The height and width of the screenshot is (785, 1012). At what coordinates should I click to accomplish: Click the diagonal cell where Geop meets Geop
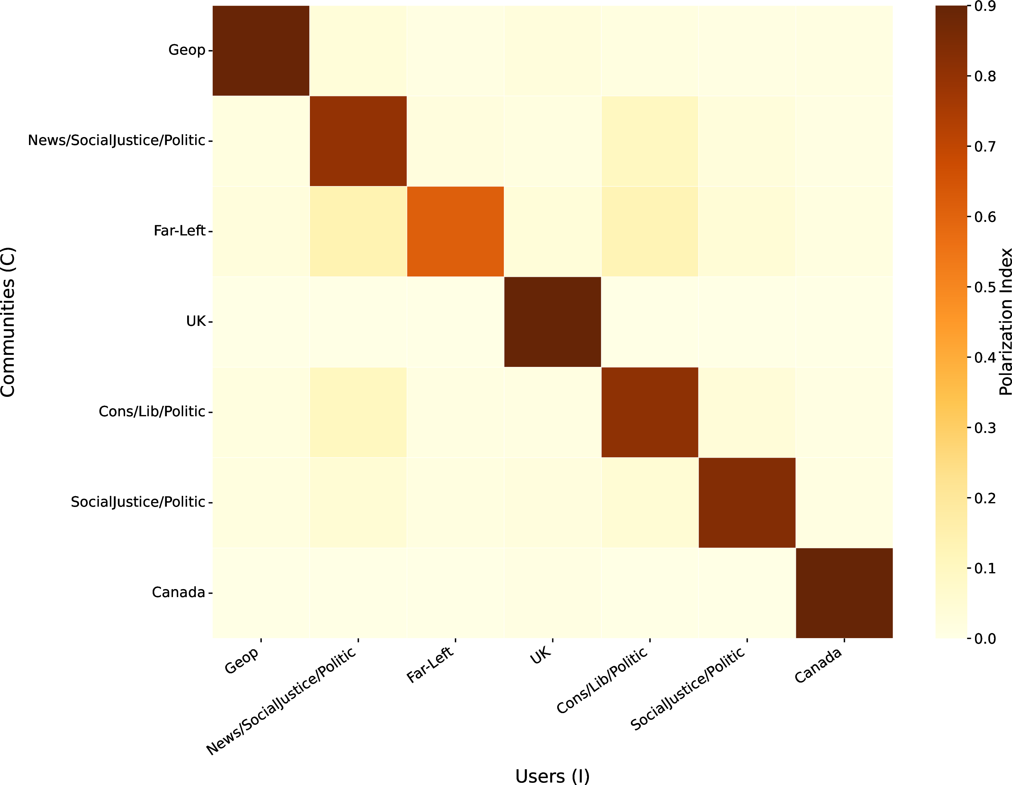click(x=261, y=51)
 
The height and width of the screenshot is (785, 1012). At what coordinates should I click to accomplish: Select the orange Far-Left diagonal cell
click(x=455, y=231)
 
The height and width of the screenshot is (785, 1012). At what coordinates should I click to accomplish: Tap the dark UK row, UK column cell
click(x=552, y=322)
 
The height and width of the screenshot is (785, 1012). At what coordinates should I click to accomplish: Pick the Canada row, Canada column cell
click(x=844, y=593)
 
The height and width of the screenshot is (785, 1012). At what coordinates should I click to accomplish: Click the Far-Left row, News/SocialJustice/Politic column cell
click(x=358, y=231)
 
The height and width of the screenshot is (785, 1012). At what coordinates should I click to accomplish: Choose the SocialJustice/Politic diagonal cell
click(x=747, y=503)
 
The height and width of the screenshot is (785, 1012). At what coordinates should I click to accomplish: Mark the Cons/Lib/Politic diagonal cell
click(x=650, y=412)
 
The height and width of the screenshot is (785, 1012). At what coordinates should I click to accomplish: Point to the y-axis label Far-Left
click(x=179, y=231)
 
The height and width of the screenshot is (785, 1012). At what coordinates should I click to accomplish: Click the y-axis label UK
click(x=195, y=321)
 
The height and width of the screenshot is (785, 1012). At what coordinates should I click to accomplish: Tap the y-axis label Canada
click(x=179, y=592)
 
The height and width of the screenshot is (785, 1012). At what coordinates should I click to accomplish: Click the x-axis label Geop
click(x=242, y=660)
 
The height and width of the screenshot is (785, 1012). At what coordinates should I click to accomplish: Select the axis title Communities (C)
click(x=8, y=322)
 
